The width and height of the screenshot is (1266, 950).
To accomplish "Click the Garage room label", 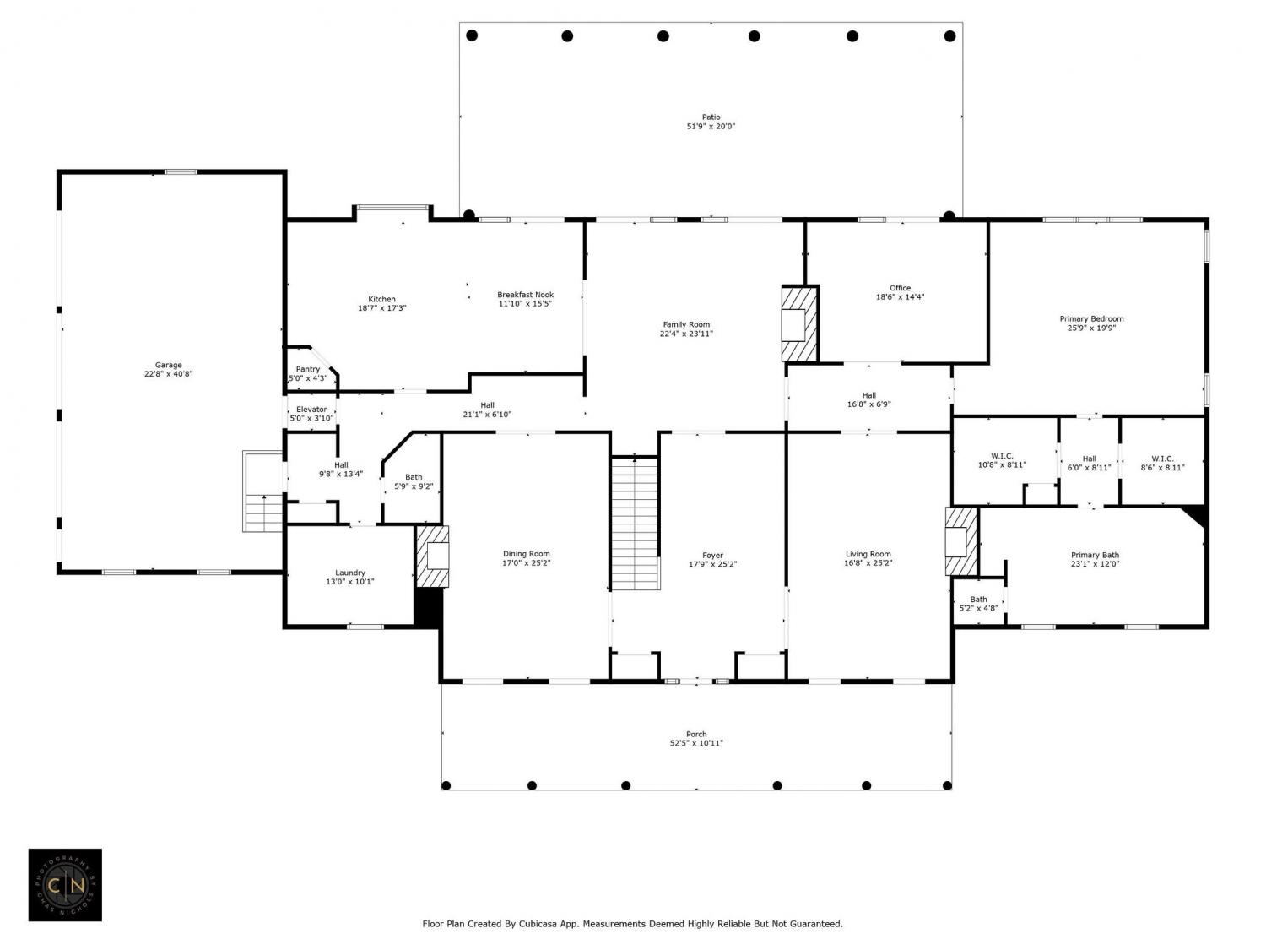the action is [x=168, y=365].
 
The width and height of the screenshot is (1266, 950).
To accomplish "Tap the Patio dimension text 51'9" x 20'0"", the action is [x=711, y=127].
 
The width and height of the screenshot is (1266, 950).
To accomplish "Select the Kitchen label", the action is [x=381, y=299].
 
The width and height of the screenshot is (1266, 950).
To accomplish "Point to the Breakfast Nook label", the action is [x=525, y=295].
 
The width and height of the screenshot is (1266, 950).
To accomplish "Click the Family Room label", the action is [x=686, y=325].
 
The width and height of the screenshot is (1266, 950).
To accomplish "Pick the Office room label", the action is [x=900, y=288].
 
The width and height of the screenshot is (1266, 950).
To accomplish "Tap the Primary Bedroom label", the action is [x=1091, y=319].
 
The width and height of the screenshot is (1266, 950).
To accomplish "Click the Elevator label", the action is [x=311, y=409].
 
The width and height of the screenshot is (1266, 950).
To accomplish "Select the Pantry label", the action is [x=307, y=369].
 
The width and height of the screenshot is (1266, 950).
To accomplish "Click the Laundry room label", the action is [x=350, y=573].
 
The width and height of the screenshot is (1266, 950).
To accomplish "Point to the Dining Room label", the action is [x=526, y=554].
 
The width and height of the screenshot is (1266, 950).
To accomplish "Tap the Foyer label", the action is [x=713, y=556].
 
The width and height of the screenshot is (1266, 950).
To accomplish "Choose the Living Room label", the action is [x=868, y=554].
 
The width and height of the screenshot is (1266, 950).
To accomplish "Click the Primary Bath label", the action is [x=1095, y=556].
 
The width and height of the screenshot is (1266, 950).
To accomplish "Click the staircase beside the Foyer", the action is [x=635, y=524].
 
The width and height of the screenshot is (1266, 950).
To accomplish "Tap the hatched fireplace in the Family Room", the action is [x=799, y=323].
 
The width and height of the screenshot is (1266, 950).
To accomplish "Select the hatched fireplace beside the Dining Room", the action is [x=433, y=556].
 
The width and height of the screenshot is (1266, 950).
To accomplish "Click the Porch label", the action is [x=696, y=735].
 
